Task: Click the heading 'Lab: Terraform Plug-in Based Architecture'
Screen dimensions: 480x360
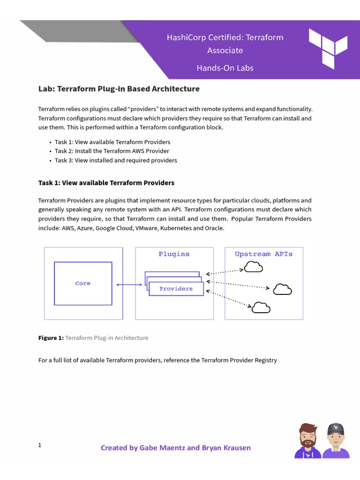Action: coord(119,89)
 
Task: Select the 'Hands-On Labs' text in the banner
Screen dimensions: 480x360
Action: coord(225,68)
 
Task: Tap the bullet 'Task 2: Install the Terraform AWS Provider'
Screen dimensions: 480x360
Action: coord(112,151)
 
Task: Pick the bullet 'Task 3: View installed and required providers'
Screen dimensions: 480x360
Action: coord(116,160)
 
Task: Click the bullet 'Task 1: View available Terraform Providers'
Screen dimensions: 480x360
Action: coord(112,142)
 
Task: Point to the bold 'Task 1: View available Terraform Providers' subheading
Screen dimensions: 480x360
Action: coord(106,183)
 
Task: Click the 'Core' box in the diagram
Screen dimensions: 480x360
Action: coord(83,283)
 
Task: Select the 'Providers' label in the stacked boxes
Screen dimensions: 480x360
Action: coord(176,289)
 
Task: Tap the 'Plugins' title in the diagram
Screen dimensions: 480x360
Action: coord(174,254)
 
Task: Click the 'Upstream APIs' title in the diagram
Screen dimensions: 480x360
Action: coord(263,254)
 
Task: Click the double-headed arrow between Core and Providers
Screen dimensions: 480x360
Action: coord(129,285)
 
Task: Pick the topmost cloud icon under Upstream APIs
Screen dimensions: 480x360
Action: coord(254,267)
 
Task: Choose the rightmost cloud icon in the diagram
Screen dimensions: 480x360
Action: coord(282,290)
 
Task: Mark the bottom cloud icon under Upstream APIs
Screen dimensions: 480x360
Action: coord(261,307)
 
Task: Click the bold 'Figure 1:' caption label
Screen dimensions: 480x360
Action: coord(51,338)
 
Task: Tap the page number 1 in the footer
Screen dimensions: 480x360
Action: coord(40,445)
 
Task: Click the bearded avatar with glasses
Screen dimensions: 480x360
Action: coord(307,441)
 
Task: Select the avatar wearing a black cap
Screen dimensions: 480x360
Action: coord(336,441)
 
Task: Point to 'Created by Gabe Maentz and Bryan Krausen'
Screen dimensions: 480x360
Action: coord(176,448)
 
